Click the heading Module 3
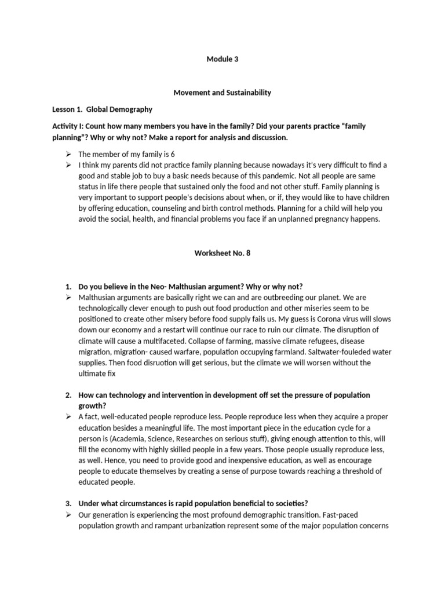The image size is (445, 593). pyautogui.click(x=222, y=58)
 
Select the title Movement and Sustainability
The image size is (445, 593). pyautogui.click(x=222, y=92)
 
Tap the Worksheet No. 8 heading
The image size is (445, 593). pyautogui.click(x=222, y=253)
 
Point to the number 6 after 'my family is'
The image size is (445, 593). pyautogui.click(x=173, y=154)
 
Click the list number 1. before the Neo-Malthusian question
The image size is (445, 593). pyautogui.click(x=68, y=287)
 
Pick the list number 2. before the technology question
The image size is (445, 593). pyautogui.click(x=68, y=395)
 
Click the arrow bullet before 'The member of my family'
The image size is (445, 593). pyautogui.click(x=68, y=154)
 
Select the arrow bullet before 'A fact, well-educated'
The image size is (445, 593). pyautogui.click(x=68, y=416)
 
